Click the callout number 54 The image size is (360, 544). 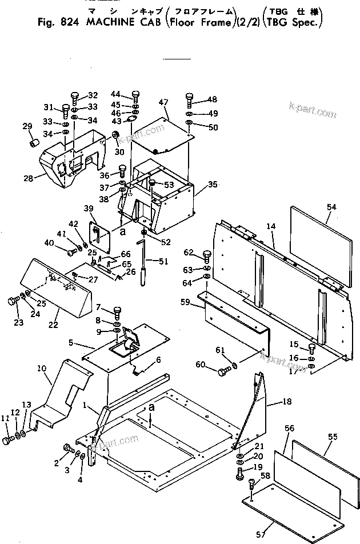click(x=333, y=206)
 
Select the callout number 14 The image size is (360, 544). click(x=271, y=227)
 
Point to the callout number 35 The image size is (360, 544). click(x=213, y=185)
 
